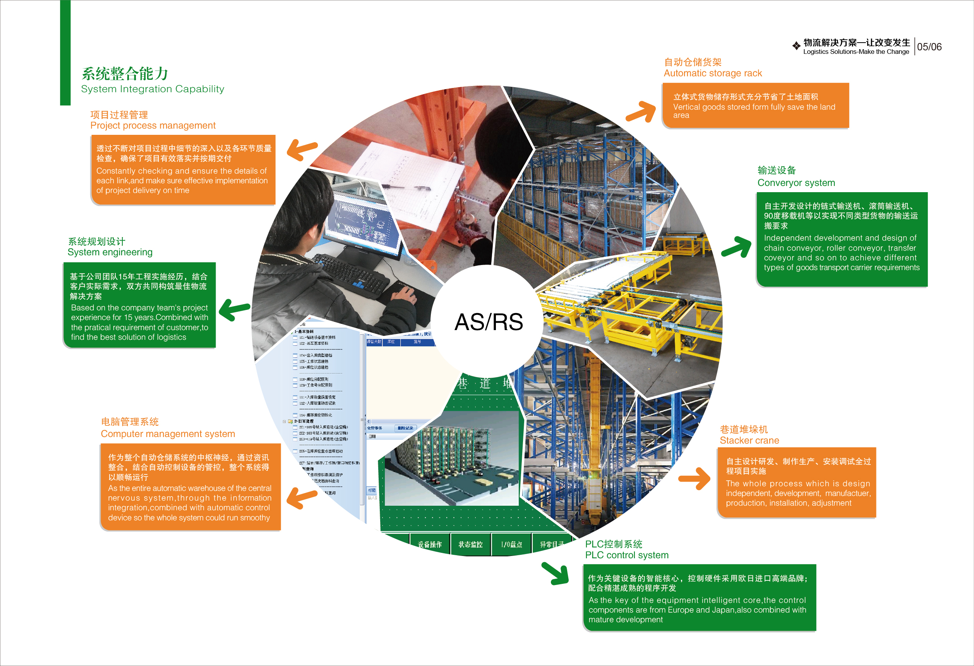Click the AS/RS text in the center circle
tap(489, 322)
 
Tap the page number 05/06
tap(929, 47)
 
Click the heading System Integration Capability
tap(153, 89)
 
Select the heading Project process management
tap(153, 126)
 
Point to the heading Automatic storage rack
tap(712, 73)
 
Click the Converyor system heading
tap(796, 183)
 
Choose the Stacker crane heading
tap(749, 441)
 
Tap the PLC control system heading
tap(627, 555)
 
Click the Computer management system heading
tap(168, 434)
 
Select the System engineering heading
tap(110, 252)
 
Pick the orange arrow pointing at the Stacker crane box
tap(695, 478)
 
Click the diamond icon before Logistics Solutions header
tap(796, 46)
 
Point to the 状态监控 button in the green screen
tap(470, 544)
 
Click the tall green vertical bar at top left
tap(65, 52)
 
